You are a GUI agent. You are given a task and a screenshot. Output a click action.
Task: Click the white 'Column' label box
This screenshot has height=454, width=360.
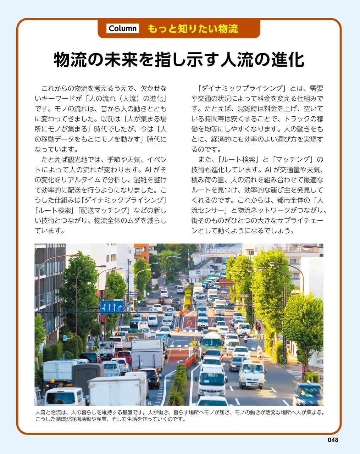coord(123,29)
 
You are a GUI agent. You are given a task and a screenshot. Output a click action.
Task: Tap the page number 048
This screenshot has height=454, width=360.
coord(333,440)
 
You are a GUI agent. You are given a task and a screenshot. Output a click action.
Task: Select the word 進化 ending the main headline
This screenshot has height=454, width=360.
coord(288,60)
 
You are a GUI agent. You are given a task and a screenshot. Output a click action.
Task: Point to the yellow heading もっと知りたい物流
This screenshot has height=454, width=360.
coord(193,29)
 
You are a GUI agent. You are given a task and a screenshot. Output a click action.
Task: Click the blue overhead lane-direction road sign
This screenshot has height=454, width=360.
coord(112,306)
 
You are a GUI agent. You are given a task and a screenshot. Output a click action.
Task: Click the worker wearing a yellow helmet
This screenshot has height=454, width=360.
coord(52,384)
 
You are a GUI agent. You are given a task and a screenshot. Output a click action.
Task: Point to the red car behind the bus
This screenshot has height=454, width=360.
coord(214,354)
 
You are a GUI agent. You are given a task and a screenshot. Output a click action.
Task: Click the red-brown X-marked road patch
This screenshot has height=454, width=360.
coord(190,322)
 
